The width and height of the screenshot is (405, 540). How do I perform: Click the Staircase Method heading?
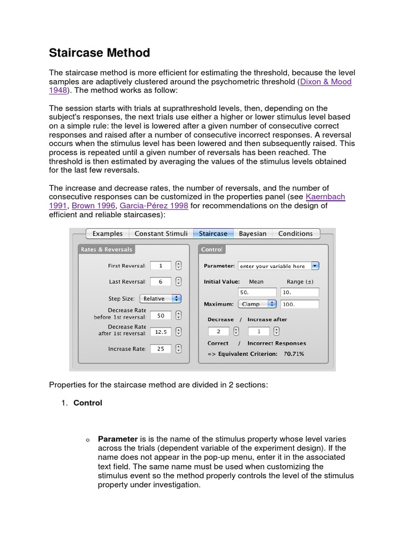tap(100, 53)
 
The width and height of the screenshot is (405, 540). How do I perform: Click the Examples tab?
tap(108, 234)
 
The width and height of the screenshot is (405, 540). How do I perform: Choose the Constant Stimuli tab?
tap(160, 234)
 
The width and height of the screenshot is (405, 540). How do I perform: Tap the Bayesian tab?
tap(253, 234)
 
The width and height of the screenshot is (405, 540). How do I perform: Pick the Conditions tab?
tap(295, 234)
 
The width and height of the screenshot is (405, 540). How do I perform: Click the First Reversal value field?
tap(161, 266)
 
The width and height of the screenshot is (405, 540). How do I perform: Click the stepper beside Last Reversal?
tap(179, 282)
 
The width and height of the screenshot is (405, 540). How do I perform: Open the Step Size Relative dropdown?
tap(160, 298)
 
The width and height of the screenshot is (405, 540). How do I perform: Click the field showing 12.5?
tap(161, 332)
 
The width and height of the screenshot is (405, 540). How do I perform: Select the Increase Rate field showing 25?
tap(161, 349)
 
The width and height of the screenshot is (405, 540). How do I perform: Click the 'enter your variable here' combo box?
tap(278, 266)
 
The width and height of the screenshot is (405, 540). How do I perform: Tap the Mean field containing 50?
tap(257, 292)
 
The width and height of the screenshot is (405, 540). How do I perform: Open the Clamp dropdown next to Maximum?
tap(257, 304)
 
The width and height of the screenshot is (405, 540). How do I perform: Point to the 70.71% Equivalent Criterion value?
tap(294, 354)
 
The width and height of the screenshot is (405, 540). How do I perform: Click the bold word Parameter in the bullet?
tap(118, 439)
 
